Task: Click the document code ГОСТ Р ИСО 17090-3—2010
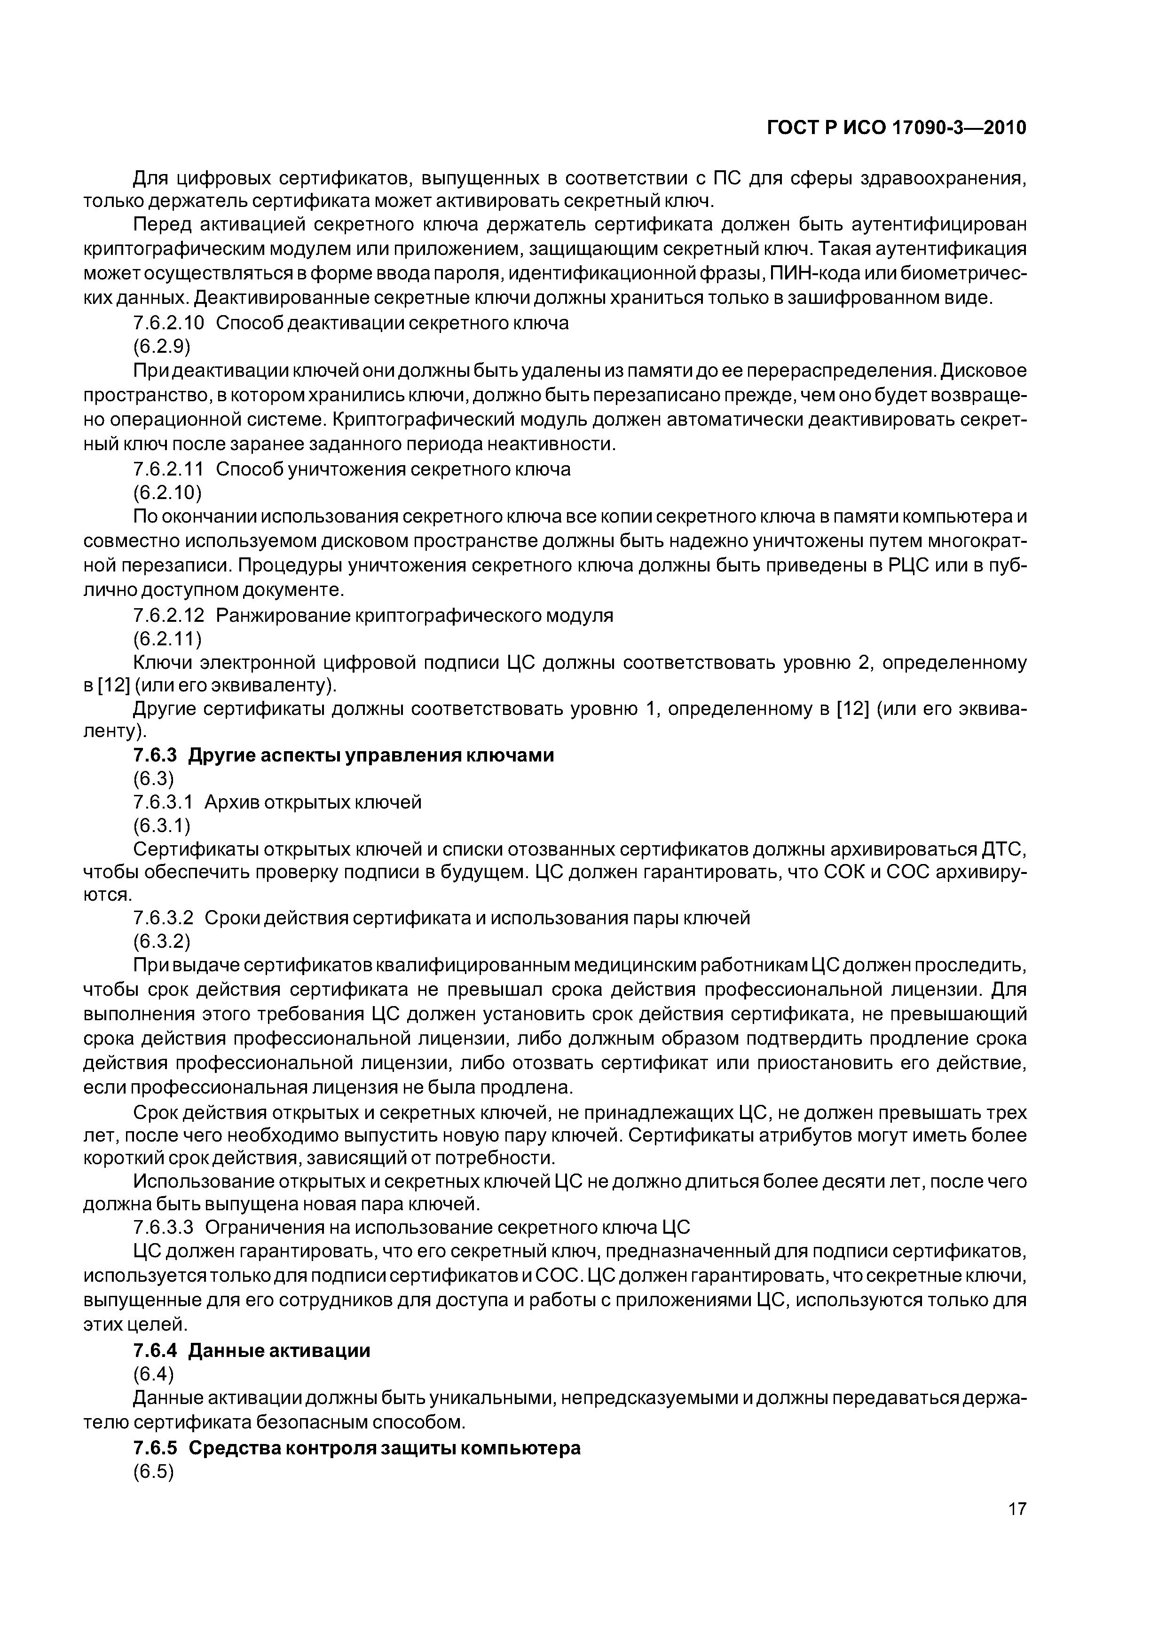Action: pyautogui.click(x=897, y=128)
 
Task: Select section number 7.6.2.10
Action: pyautogui.click(x=169, y=324)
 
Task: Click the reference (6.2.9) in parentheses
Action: pyautogui.click(x=162, y=347)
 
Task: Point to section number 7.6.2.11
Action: pyautogui.click(x=169, y=469)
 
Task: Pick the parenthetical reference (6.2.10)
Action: pyautogui.click(x=167, y=493)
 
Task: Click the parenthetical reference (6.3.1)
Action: pyautogui.click(x=162, y=826)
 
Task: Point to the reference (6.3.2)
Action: pyautogui.click(x=162, y=942)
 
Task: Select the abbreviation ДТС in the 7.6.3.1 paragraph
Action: pyautogui.click(x=1003, y=849)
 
